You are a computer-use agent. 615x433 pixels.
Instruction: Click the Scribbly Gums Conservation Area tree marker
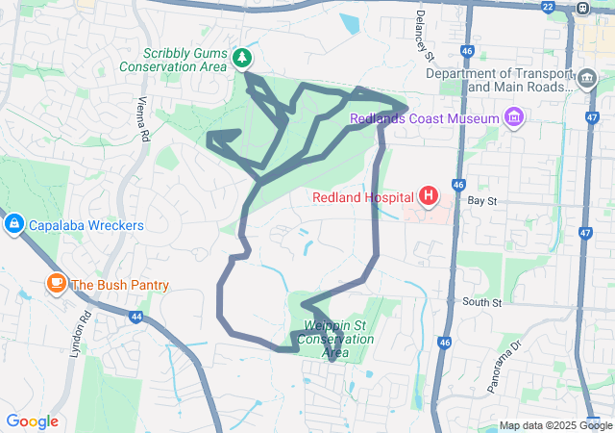pos(243,59)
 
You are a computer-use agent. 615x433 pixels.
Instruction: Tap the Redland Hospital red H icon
pos(428,197)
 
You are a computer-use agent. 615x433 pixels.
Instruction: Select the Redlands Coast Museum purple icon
pos(514,117)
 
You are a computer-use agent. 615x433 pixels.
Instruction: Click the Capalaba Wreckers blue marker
pos(13,225)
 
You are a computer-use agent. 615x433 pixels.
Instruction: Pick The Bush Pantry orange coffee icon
pos(57,284)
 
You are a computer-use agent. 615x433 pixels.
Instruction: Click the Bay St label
pos(480,202)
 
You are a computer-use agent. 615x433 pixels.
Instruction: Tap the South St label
pos(481,302)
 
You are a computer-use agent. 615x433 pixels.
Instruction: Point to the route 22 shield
pos(547,7)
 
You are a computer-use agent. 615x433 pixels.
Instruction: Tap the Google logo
pos(32,421)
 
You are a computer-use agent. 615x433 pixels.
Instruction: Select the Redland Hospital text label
pos(362,198)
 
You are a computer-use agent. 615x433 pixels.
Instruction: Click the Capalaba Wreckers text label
pos(86,226)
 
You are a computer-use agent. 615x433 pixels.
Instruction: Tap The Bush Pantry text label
pos(120,285)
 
